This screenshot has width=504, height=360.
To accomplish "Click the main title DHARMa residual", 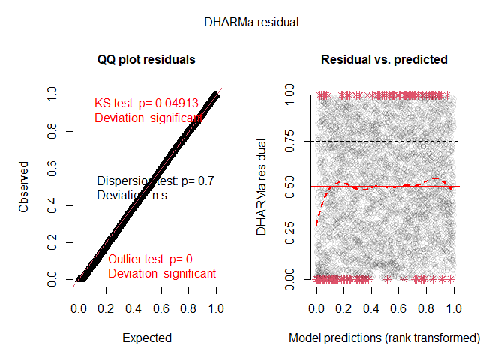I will coord(252,22).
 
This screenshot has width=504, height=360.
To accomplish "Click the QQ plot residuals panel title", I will coord(147,59).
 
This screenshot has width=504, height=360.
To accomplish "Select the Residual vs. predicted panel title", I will coord(385,59).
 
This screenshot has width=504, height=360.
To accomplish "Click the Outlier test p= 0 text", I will coord(150,259).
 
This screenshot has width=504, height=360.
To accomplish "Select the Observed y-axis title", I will coord(24,186).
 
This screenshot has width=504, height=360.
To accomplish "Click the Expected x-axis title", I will coord(147,338).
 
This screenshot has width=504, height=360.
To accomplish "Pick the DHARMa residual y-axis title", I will coord(262,187).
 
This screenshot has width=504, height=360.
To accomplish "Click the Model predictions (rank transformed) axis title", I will coord(385,338).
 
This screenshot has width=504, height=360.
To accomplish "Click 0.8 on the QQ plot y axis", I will coord(51,132).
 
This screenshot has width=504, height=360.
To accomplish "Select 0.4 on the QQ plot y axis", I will coord(51,205).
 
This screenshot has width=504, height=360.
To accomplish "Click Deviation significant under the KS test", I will coord(148,118).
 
